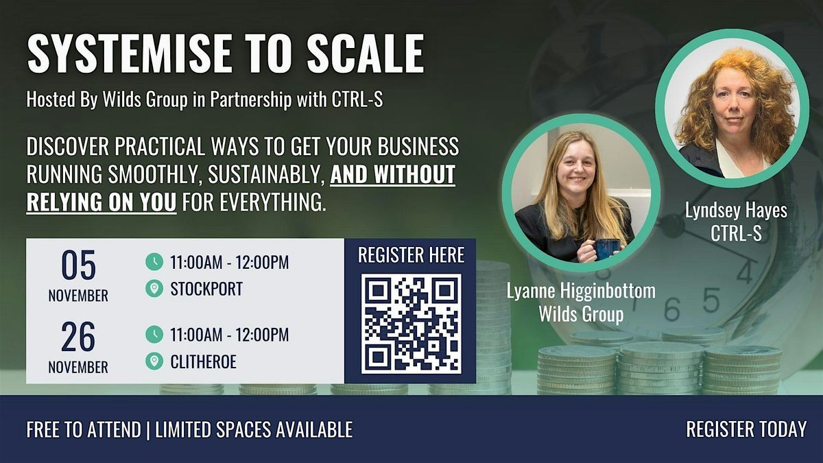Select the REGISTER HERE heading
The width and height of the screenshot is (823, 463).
pos(411,255)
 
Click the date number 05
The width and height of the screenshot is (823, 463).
pos(78,266)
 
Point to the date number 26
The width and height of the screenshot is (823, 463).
pos(78,337)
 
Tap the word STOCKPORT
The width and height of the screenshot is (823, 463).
pos(206,289)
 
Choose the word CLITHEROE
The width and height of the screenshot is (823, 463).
pos(203,361)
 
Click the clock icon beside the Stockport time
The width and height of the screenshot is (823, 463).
pos(154,262)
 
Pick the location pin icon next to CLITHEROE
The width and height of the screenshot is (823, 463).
pos(154,361)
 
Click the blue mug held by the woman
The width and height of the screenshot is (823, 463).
pos(607,248)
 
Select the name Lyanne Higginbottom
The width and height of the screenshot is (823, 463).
pos(581,291)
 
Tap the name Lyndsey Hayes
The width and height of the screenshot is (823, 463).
pos(736,211)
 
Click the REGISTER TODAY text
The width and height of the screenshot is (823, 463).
pos(746,429)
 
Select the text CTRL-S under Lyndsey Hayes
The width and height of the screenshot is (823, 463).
pos(736,234)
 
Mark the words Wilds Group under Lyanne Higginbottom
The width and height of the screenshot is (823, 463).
pos(581,315)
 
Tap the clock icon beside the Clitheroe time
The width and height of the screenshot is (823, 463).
pos(154,335)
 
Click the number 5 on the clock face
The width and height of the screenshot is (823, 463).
pos(711,299)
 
